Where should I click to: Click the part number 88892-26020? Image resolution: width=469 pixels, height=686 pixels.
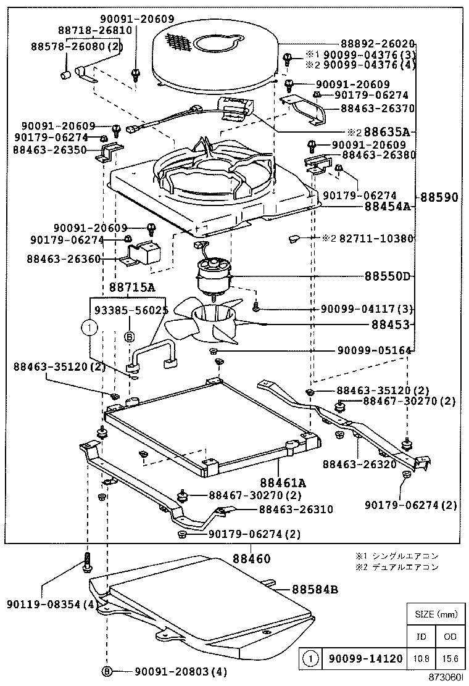(x=377, y=44)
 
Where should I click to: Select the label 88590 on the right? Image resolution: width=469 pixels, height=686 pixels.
(x=439, y=198)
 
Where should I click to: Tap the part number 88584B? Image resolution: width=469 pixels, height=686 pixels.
(x=314, y=589)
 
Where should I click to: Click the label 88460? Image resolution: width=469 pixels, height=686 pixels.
(x=251, y=559)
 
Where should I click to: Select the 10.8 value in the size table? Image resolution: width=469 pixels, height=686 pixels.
(x=422, y=659)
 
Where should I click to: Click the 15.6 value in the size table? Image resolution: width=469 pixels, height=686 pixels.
(x=450, y=659)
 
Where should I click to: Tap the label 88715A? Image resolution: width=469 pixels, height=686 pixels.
(x=132, y=287)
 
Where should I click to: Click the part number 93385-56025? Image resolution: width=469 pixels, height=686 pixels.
(x=131, y=311)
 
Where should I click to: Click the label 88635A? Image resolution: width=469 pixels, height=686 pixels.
(x=386, y=131)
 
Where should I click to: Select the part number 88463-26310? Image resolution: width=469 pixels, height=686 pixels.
(x=296, y=510)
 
